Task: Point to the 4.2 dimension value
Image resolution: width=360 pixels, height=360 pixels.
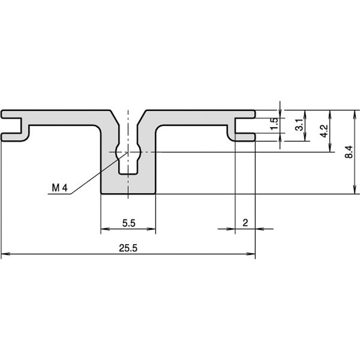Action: [324, 131]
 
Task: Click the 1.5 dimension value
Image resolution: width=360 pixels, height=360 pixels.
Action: [273, 124]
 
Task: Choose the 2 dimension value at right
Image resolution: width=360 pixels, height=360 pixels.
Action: [245, 223]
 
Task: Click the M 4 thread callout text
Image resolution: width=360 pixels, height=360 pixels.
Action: [60, 188]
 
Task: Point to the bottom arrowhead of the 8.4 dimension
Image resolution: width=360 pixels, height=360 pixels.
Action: [355, 191]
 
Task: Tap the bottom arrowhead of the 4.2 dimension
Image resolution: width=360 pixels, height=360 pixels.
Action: [330, 149]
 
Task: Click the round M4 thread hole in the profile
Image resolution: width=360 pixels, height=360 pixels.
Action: [128, 152]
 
